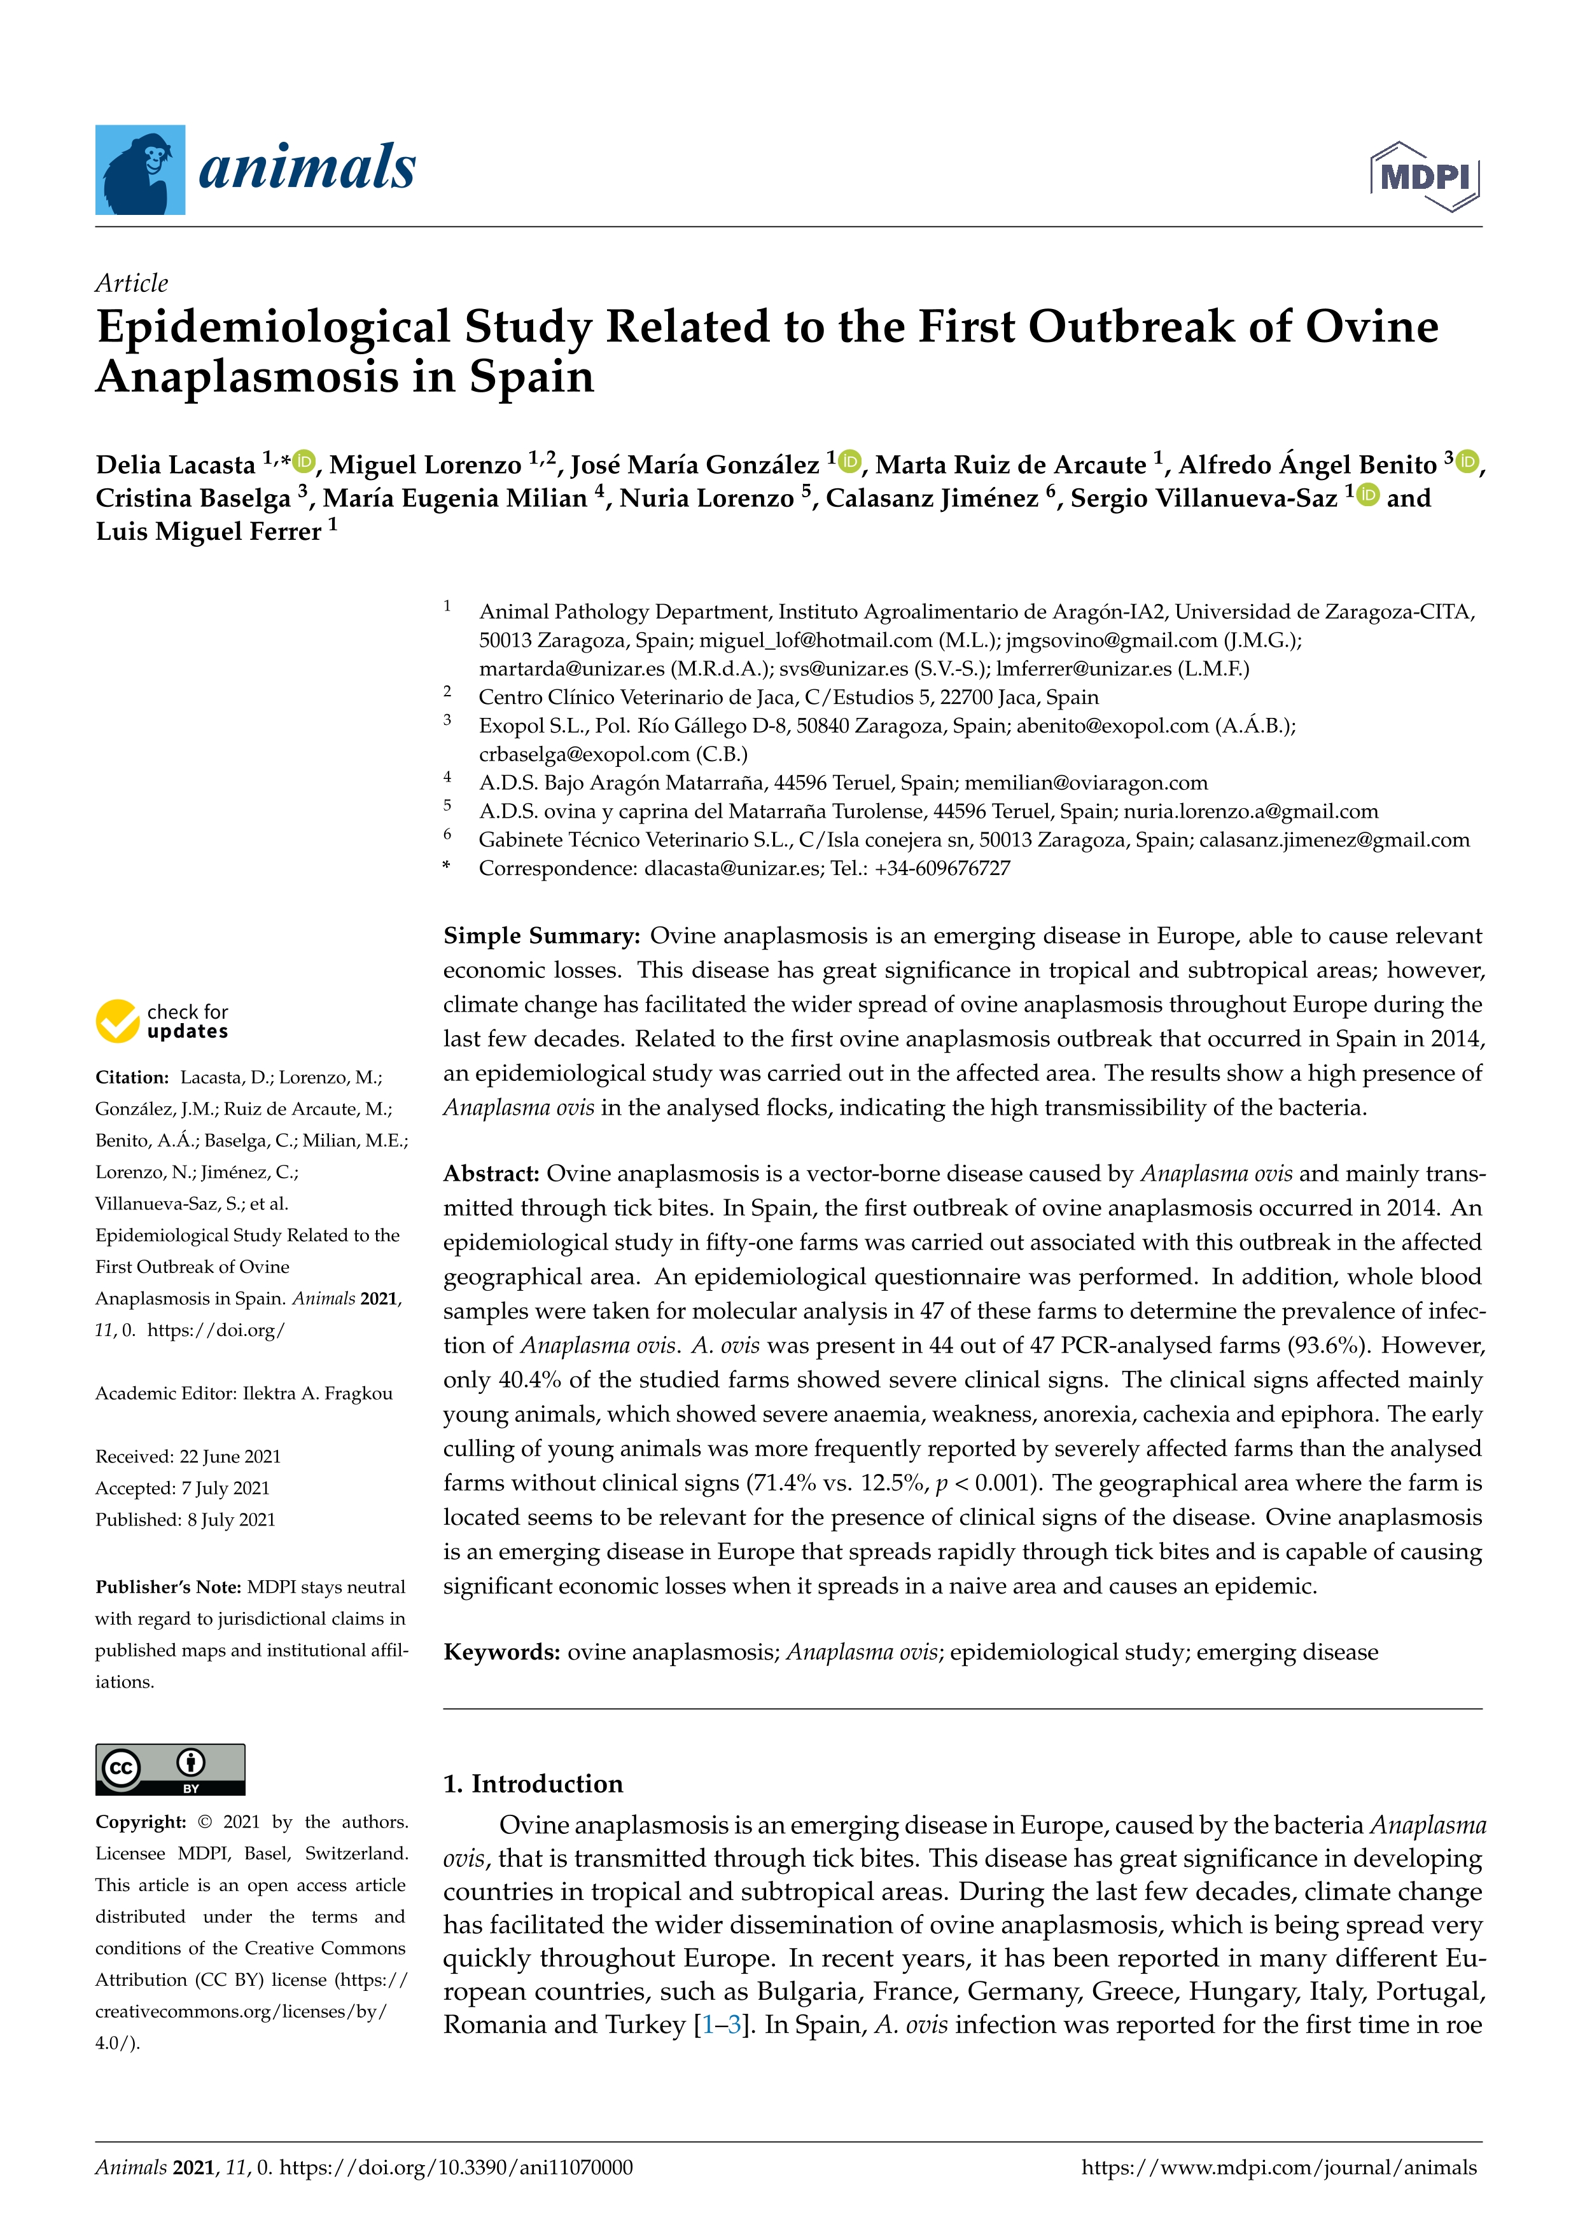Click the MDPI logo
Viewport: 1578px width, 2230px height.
pyautogui.click(x=1425, y=177)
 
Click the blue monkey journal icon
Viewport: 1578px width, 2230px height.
pyautogui.click(x=140, y=170)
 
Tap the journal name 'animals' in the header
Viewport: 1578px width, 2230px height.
pyautogui.click(x=307, y=168)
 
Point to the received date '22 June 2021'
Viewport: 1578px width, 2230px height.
pyautogui.click(x=230, y=1456)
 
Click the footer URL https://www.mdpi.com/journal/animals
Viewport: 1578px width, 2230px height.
pyautogui.click(x=1279, y=2167)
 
